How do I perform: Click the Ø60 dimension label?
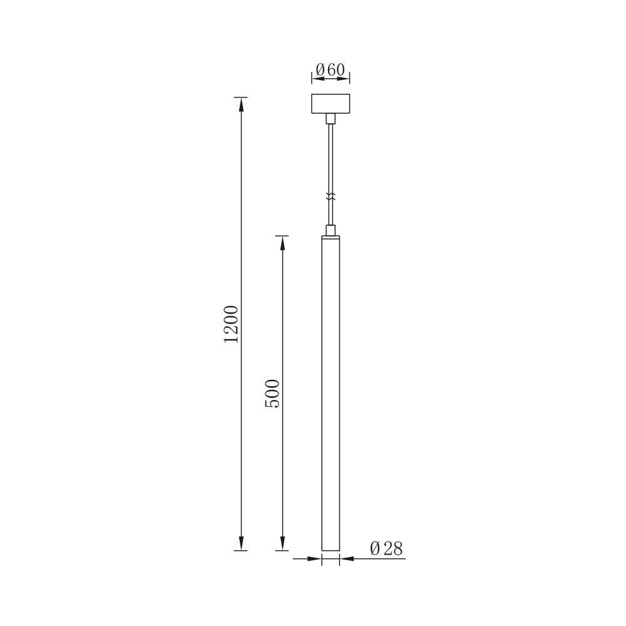point(331,69)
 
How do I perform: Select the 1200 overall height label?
point(231,324)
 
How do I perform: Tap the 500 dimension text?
point(273,393)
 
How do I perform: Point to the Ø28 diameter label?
point(386,549)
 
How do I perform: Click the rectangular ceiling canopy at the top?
point(331,104)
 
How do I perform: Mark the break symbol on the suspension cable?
point(331,196)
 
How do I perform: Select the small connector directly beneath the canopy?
point(331,118)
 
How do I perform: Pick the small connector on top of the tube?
point(331,230)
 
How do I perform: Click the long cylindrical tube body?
point(331,394)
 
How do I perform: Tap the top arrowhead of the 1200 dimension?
point(240,103)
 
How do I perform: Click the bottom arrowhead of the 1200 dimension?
point(240,545)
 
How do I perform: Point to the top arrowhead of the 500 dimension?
point(282,241)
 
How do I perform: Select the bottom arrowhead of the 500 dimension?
point(282,545)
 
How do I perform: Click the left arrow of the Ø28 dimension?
point(316,558)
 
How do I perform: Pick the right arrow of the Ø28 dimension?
point(346,558)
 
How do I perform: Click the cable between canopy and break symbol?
point(331,156)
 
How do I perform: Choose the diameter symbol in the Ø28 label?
point(375,549)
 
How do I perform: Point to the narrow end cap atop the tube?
point(331,237)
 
